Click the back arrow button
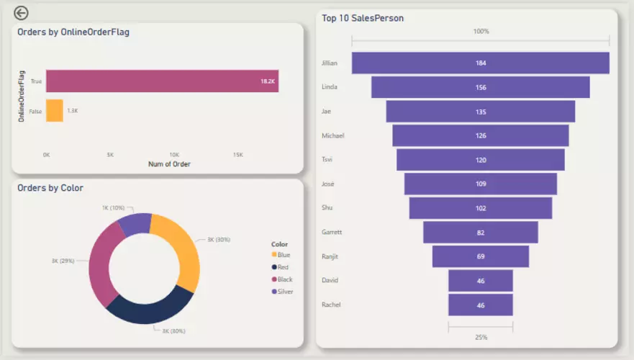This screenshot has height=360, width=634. [22, 12]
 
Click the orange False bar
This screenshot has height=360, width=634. [55, 111]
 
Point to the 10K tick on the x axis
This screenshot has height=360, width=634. [174, 155]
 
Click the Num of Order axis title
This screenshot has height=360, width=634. [169, 164]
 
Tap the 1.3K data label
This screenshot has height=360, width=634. [73, 111]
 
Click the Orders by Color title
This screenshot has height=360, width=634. [50, 188]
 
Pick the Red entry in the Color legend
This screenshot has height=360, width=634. [283, 267]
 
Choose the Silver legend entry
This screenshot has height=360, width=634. [285, 292]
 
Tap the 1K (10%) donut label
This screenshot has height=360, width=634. [113, 207]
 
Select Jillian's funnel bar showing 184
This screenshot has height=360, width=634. [480, 63]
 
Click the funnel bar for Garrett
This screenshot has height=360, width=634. [480, 233]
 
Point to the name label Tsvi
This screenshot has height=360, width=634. [327, 159]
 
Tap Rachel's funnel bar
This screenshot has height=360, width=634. [480, 305]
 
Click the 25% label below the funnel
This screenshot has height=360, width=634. [480, 337]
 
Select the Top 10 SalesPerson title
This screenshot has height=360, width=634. [363, 18]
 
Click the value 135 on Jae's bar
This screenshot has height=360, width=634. [481, 112]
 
